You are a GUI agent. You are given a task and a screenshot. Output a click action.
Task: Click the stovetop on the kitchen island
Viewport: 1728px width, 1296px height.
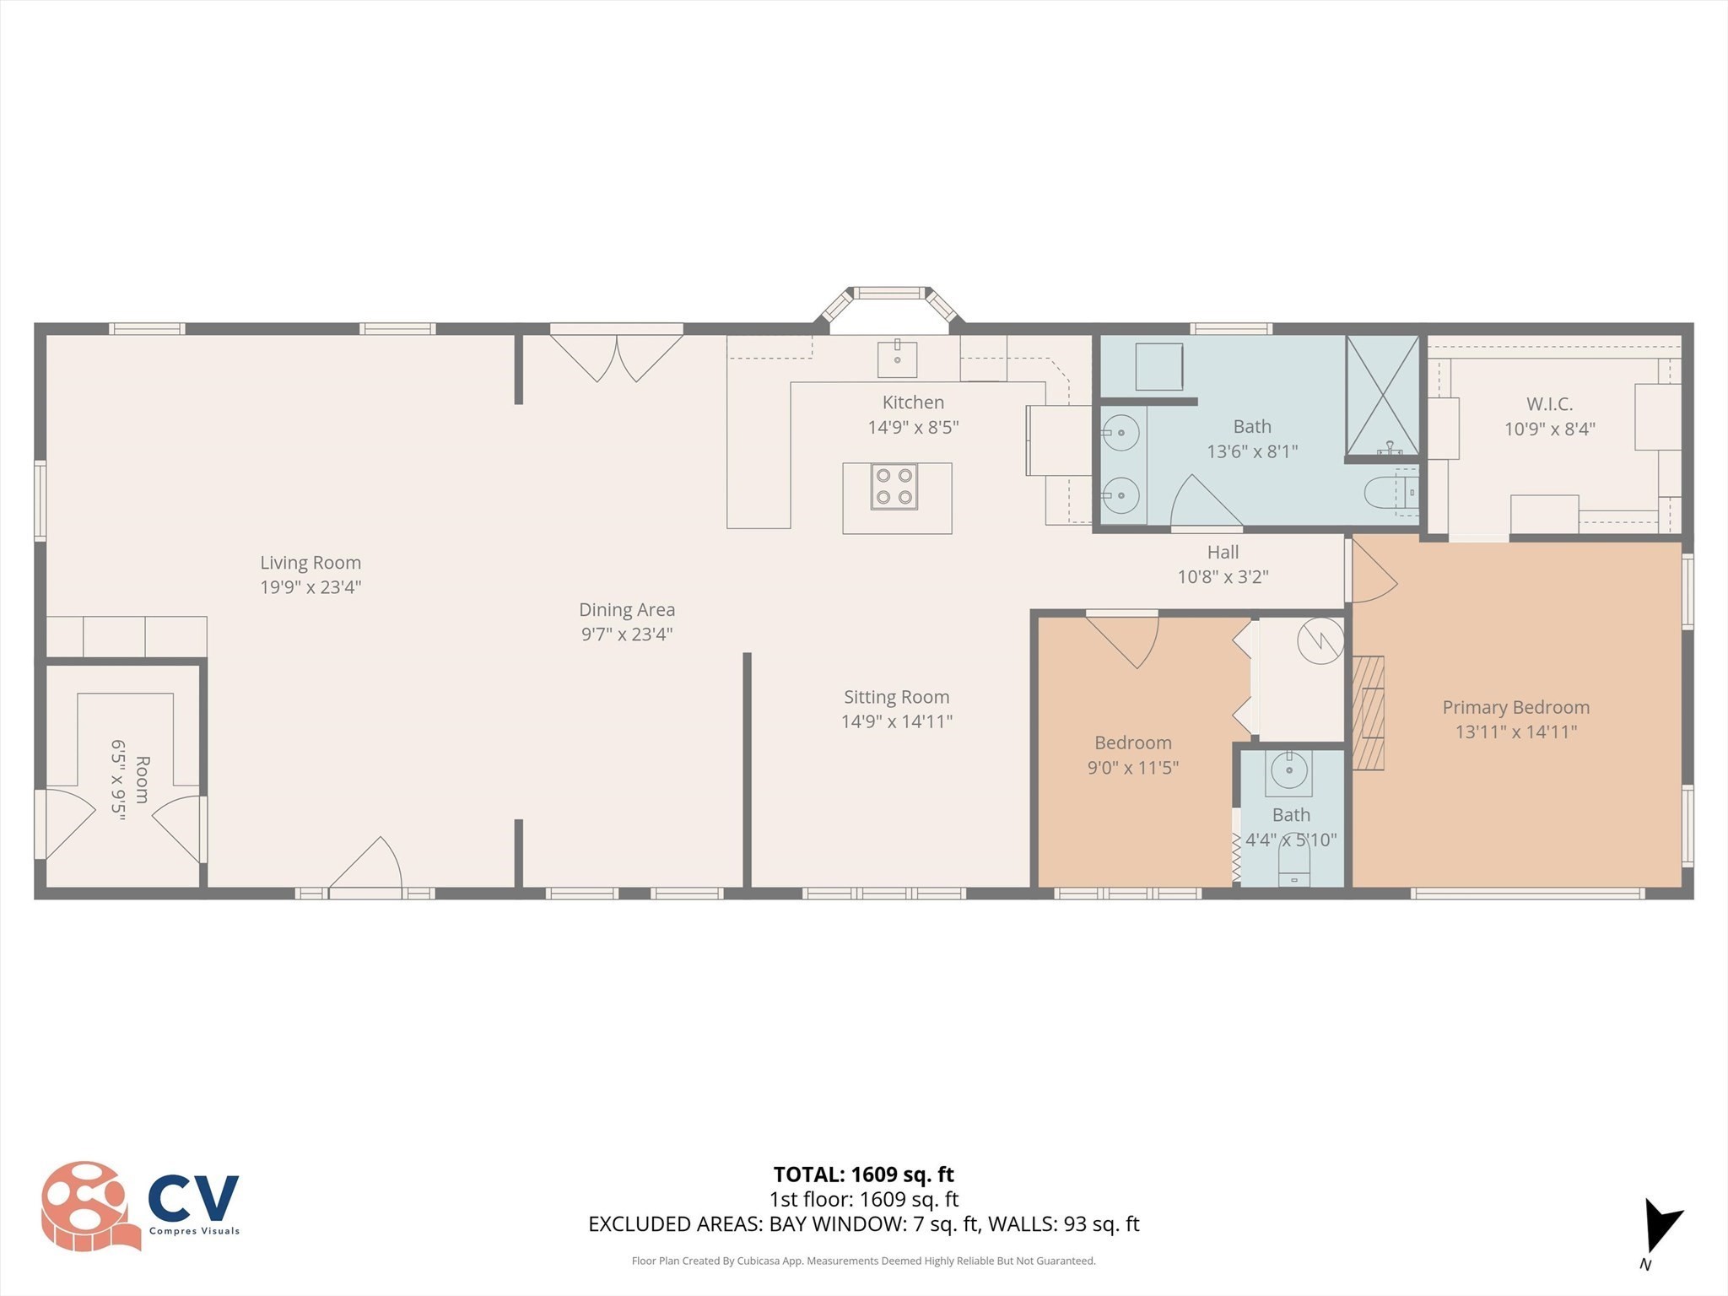894,487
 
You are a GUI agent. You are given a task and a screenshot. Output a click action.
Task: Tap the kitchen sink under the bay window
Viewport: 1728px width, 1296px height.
897,359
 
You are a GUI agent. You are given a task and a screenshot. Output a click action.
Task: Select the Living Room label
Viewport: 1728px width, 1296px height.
310,563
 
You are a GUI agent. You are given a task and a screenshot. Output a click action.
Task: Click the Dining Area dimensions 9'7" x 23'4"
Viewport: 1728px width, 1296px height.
626,634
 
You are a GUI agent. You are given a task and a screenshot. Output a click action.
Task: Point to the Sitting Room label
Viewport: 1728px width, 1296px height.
896,697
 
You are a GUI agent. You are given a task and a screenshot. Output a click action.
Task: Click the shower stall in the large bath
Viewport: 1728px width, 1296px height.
1382,397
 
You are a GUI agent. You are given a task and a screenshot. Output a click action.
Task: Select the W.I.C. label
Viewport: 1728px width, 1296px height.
1549,404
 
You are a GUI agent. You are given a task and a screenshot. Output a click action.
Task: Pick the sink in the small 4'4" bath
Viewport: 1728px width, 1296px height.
1289,770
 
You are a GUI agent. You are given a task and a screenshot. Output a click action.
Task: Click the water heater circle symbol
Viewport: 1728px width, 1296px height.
1320,641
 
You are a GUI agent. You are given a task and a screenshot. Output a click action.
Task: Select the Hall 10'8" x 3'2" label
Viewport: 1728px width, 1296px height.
1223,564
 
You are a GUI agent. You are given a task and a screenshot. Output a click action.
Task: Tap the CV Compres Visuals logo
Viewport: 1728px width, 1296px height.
140,1206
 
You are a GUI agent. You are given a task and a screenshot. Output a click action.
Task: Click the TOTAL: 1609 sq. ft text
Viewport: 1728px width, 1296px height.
863,1174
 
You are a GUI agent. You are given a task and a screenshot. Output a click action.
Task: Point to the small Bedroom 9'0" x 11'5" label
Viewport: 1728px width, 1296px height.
1132,754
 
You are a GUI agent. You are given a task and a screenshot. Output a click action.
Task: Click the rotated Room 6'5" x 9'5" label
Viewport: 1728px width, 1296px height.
131,780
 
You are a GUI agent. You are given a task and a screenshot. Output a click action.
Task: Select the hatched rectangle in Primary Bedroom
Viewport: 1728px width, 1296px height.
1369,712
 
